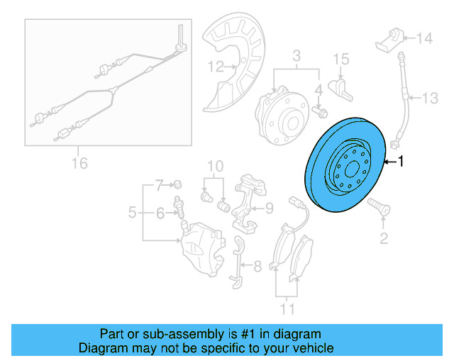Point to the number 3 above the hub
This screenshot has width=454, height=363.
click(x=297, y=55)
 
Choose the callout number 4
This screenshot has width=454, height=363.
click(x=319, y=90)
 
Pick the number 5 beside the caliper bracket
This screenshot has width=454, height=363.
click(x=133, y=211)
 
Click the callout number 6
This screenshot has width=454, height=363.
click(x=160, y=211)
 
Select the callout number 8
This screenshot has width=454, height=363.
click(x=257, y=267)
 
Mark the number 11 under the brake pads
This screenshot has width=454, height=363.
click(x=287, y=308)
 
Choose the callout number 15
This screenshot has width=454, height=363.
click(x=341, y=58)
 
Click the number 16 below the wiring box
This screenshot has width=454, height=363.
click(x=79, y=164)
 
